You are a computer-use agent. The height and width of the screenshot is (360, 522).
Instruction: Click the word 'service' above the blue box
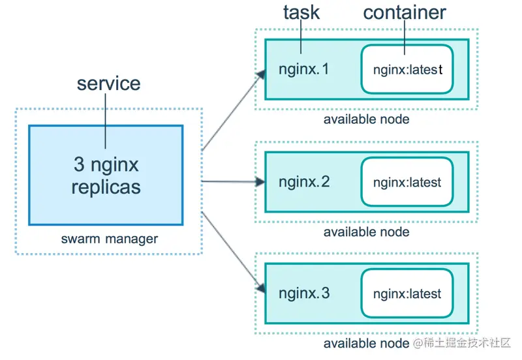click(x=108, y=83)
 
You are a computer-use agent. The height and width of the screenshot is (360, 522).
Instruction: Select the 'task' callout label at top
click(x=301, y=12)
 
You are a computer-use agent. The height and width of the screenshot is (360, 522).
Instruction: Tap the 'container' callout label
click(x=405, y=12)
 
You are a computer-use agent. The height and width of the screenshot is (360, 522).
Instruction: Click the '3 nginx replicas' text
click(x=106, y=175)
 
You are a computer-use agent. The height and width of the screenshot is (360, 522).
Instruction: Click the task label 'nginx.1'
click(x=304, y=68)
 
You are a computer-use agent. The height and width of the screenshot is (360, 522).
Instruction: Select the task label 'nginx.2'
click(x=304, y=182)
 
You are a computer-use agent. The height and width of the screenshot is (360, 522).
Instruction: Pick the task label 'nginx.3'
click(x=304, y=293)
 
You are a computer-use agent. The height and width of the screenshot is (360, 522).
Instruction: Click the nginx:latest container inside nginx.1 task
click(x=407, y=69)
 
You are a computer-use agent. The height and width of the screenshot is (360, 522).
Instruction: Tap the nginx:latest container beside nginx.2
click(x=407, y=183)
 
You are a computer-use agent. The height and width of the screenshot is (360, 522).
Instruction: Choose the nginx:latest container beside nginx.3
click(x=407, y=294)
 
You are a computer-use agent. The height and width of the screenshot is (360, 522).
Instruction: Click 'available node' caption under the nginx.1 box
click(x=366, y=119)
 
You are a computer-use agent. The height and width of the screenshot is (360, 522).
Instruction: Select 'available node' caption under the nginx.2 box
click(x=366, y=232)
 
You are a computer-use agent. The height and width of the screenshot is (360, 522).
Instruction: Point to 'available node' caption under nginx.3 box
click(x=366, y=344)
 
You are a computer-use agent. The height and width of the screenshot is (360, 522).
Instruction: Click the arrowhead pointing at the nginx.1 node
click(x=260, y=74)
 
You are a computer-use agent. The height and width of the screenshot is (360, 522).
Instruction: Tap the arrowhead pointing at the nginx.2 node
click(x=260, y=182)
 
